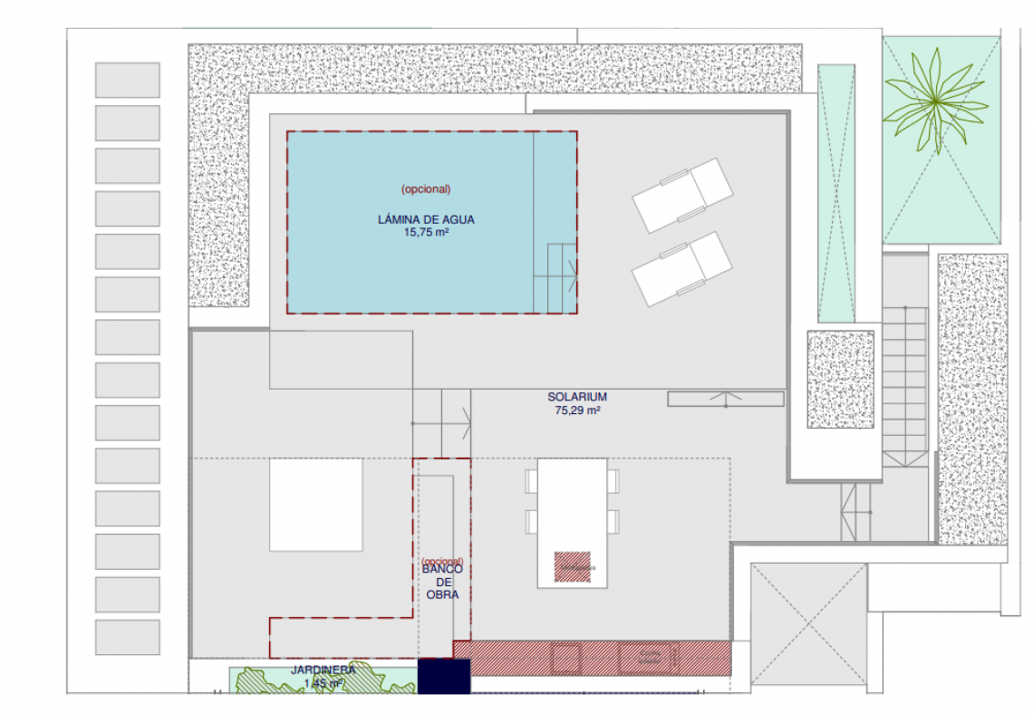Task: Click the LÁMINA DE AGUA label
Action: click(426, 219)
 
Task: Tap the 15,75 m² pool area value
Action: click(426, 232)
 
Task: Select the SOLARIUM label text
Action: click(576, 397)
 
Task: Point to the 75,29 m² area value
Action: click(576, 410)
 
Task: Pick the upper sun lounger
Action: click(682, 195)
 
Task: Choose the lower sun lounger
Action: click(682, 268)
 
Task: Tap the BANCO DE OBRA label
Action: click(443, 582)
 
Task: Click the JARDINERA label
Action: click(323, 670)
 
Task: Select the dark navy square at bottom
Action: click(444, 676)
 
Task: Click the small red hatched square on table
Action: click(573, 566)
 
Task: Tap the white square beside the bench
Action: click(316, 505)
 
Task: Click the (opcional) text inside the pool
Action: click(426, 188)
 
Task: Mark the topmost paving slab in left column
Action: click(128, 80)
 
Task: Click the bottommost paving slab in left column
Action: click(128, 637)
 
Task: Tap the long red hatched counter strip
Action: click(592, 658)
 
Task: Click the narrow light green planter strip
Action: click(836, 193)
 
